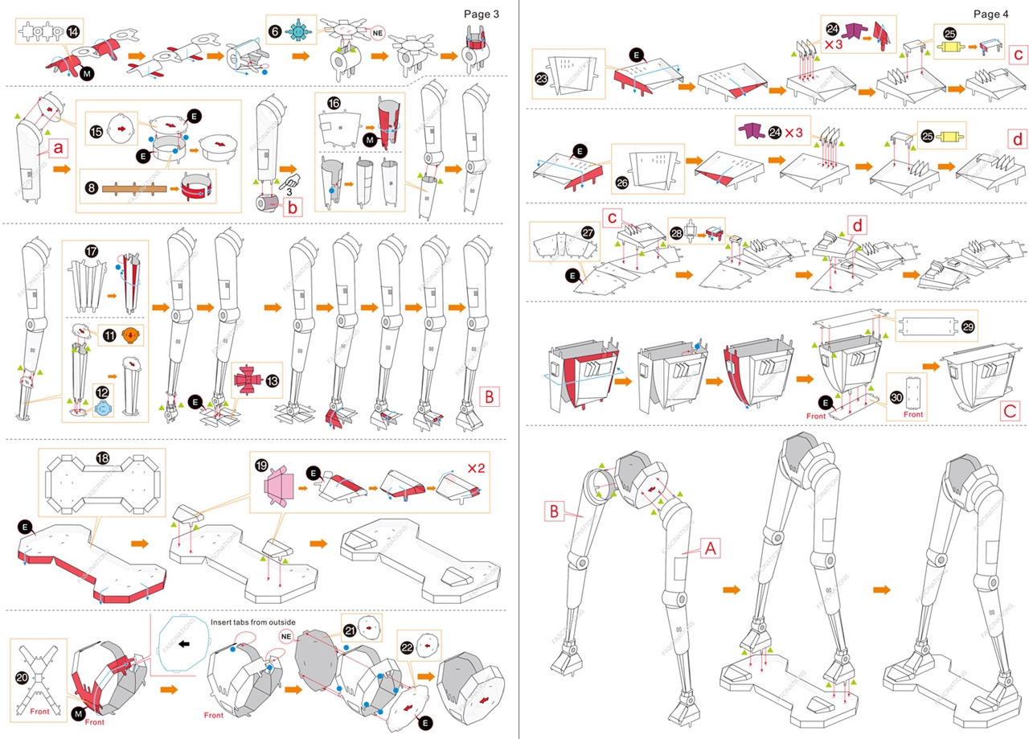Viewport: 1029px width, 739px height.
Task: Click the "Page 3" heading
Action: pyautogui.click(x=482, y=14)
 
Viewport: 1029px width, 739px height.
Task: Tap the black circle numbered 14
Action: pyautogui.click(x=73, y=33)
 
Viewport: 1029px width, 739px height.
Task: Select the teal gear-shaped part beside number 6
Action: pyautogui.click(x=298, y=32)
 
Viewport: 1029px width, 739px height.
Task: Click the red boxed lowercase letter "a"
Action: pyautogui.click(x=57, y=148)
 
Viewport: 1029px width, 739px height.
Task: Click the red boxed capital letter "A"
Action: pyautogui.click(x=709, y=548)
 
